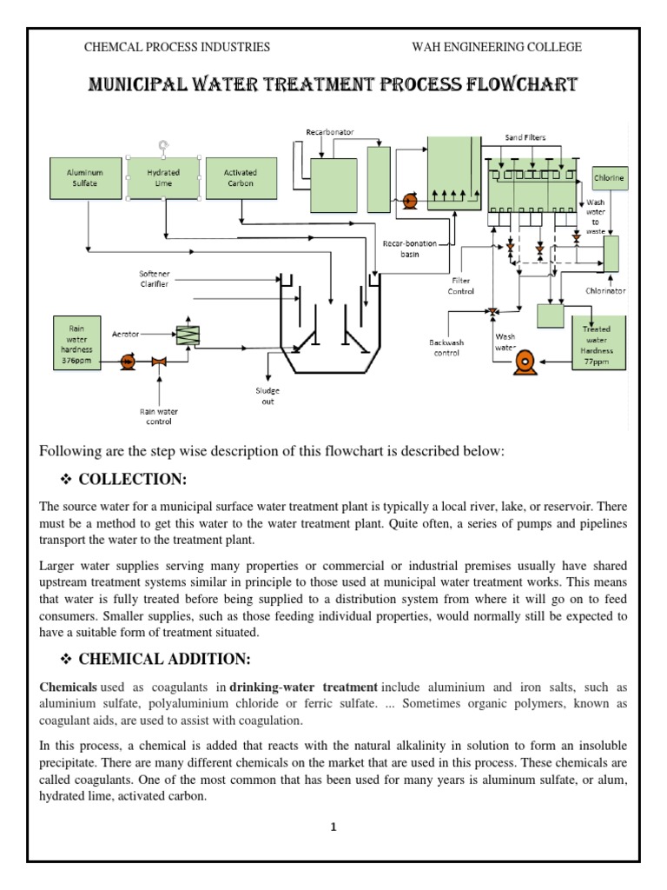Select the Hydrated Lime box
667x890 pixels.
(x=163, y=179)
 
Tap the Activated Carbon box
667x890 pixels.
(x=240, y=179)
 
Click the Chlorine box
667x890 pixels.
(x=609, y=178)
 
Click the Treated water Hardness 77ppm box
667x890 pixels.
(x=597, y=343)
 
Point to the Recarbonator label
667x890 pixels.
(x=329, y=132)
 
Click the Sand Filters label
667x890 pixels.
(x=526, y=137)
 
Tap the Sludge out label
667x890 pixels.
(x=268, y=396)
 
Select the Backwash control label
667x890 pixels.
(x=447, y=348)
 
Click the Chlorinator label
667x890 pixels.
(x=605, y=292)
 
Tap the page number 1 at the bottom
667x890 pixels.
(x=333, y=827)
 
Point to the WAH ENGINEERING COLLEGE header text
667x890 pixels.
(x=496, y=47)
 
